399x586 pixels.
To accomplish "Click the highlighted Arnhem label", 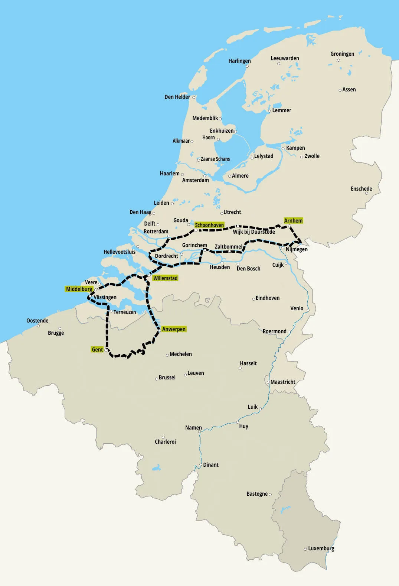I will tap(293, 221).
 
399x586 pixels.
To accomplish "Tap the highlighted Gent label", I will tap(97, 350).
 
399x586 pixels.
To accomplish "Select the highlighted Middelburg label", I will tap(79, 289).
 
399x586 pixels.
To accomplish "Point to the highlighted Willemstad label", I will tap(165, 278).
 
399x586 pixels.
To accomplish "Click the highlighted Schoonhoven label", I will tap(209, 225).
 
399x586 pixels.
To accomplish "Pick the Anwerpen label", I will tap(174, 329).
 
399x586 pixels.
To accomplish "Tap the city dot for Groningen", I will tap(339, 60).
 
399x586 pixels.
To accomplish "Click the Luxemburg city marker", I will tap(305, 549).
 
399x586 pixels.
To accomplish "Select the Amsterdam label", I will tap(195, 180).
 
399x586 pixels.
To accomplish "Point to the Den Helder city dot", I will tap(193, 97).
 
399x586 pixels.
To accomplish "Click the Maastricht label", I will tap(283, 382).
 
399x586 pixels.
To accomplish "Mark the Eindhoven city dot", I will tap(254, 299).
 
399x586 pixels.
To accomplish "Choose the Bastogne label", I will tap(257, 494).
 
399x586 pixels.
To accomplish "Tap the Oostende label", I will tap(37, 321).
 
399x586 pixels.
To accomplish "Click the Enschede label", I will tap(361, 189).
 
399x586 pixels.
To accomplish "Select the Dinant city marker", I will tap(200, 465).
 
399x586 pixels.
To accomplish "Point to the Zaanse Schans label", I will tap(215, 159).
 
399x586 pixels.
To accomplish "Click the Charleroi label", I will tap(165, 442).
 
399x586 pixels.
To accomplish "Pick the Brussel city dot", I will tap(157, 379).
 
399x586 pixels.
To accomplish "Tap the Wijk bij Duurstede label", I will tap(254, 232).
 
